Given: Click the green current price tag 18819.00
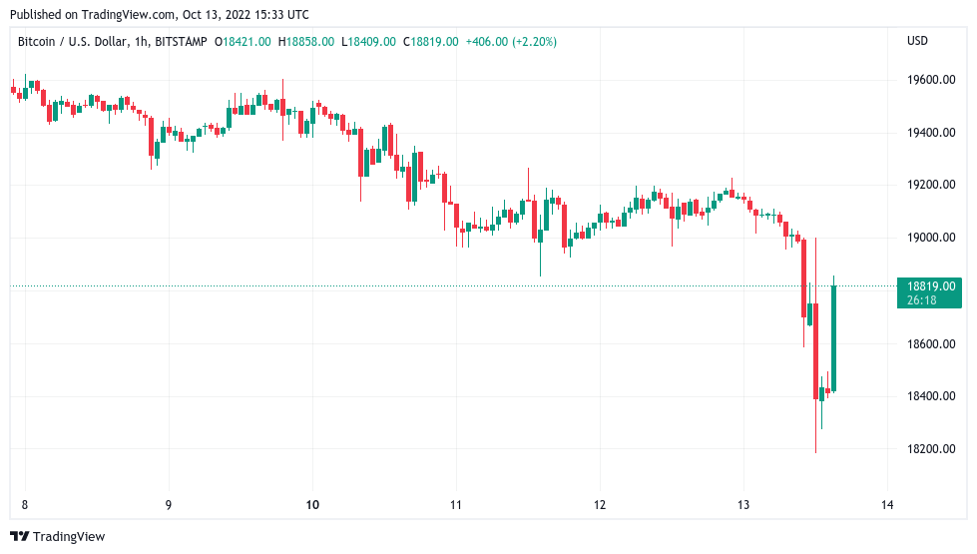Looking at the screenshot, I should tap(929, 286).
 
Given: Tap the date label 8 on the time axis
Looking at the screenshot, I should tap(24, 505).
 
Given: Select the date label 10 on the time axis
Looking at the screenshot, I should tap(312, 505).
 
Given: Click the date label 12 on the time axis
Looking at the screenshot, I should tap(600, 505).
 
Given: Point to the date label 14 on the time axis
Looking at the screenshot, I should tap(887, 505).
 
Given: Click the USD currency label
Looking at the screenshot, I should tap(917, 41).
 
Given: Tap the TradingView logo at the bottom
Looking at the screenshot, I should tap(57, 537).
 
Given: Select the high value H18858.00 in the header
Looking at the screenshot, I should tap(306, 42).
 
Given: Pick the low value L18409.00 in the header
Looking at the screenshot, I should tap(368, 42).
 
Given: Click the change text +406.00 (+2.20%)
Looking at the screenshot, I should tap(511, 42).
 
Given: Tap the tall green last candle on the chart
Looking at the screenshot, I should tap(833, 337).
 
